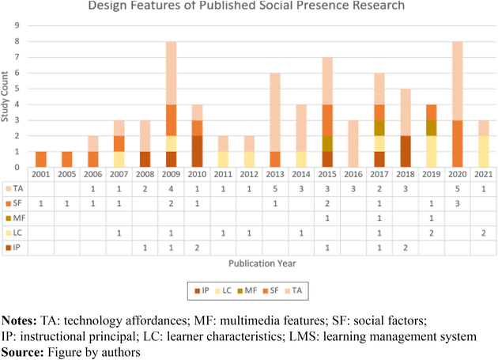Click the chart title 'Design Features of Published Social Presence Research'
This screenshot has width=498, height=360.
point(246,6)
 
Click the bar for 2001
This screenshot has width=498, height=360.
point(41,159)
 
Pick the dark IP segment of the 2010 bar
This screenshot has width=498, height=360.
point(198,151)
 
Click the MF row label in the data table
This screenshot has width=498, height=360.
point(18,218)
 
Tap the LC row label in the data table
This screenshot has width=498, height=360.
point(18,233)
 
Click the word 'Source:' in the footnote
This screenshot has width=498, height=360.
point(23,351)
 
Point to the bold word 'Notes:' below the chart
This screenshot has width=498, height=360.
point(21,323)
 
